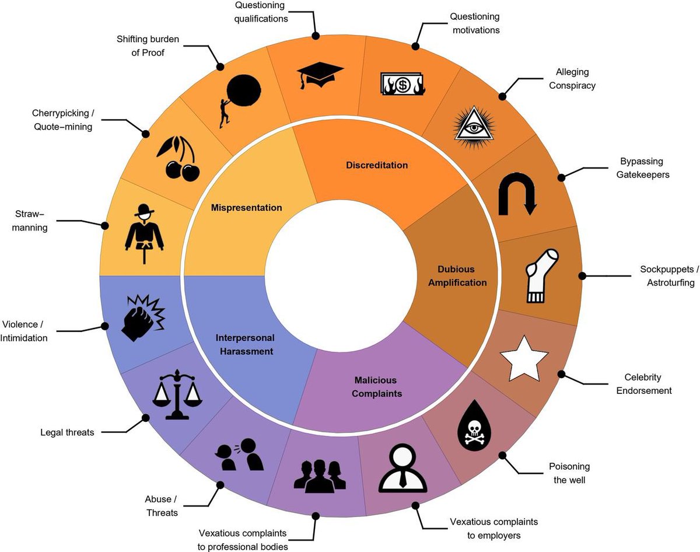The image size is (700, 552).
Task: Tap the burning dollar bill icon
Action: point(402,85)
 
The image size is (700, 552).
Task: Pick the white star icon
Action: point(524,358)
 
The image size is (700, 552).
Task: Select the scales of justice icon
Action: point(176,395)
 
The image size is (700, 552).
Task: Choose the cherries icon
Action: point(178,158)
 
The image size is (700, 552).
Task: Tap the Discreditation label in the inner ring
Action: point(377,165)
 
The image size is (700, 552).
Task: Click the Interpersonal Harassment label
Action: point(245,344)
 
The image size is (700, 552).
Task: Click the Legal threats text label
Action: point(67,432)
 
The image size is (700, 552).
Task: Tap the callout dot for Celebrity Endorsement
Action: point(562,373)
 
